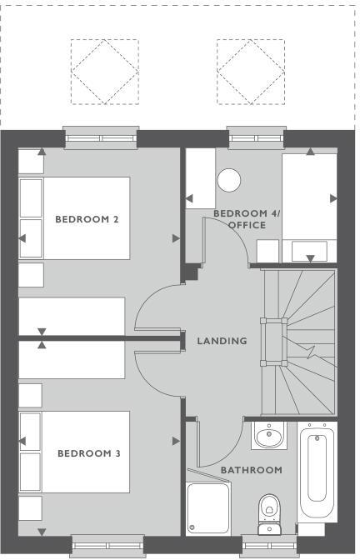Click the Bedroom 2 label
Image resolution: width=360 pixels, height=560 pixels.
click(87, 219)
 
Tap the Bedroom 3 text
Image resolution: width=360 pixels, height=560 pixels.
click(88, 453)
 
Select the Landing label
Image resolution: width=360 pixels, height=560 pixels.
click(222, 340)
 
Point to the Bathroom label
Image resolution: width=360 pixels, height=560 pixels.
click(251, 470)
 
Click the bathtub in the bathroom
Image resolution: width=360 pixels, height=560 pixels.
click(317, 473)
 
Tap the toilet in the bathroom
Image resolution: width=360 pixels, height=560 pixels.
click(269, 509)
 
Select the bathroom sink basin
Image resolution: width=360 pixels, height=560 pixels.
click(268, 436)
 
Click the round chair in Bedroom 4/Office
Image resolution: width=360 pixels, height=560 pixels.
click(228, 181)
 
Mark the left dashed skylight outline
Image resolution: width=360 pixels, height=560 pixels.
click(99, 72)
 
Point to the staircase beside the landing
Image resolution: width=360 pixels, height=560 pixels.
click(300, 342)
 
